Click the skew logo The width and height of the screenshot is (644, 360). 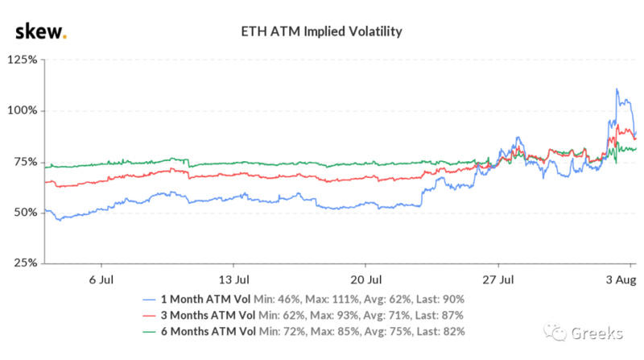41,31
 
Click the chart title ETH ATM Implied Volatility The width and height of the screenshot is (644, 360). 321,32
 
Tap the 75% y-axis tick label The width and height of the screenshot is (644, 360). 24,162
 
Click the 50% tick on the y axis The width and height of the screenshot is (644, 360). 24,213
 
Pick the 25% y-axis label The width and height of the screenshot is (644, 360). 24,263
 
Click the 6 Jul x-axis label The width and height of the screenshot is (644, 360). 100,279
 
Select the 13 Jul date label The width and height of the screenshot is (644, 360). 233,279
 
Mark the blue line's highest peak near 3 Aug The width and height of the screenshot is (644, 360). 617,89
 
